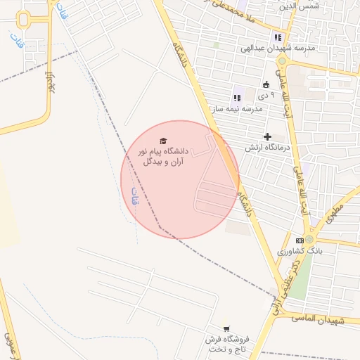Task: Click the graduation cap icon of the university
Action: [x=164, y=141]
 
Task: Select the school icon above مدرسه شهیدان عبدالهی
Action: [x=278, y=37]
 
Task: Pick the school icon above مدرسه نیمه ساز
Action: [x=236, y=98]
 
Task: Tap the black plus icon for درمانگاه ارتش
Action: [x=267, y=136]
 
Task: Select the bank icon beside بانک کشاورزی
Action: [x=300, y=240]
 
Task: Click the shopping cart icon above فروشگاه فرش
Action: [x=226, y=328]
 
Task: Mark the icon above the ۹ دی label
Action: [x=265, y=85]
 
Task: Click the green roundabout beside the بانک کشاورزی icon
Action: [x=309, y=239]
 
